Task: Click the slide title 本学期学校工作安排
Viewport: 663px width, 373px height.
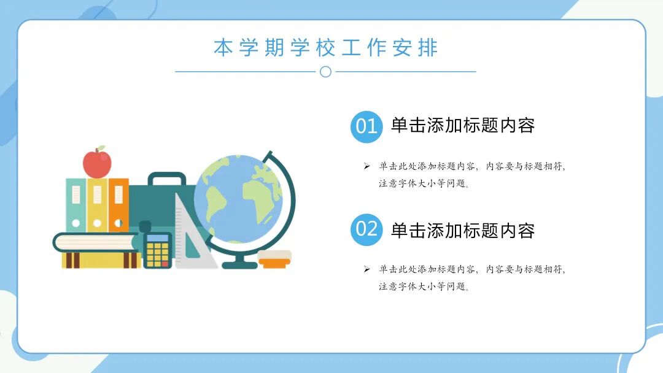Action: coord(325,48)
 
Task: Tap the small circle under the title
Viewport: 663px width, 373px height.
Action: coord(325,72)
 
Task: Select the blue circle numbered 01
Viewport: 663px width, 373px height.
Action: coord(366,126)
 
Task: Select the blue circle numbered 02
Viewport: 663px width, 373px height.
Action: coord(366,229)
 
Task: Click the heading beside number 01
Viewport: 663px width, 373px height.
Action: coord(463,126)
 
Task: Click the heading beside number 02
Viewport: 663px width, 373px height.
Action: coord(463,231)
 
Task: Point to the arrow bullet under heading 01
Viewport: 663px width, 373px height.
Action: coord(366,166)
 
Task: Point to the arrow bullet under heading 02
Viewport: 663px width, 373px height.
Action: coord(366,269)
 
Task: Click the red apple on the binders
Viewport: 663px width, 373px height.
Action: coord(97,163)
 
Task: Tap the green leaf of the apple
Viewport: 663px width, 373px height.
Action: coord(101,148)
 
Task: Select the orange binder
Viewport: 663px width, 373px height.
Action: coord(118,205)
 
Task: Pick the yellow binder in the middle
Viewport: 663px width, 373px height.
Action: coord(97,205)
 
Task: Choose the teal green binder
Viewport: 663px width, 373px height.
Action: coord(76,205)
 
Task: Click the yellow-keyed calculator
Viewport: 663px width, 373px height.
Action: coord(158,249)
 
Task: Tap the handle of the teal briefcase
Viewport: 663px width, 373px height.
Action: coord(166,179)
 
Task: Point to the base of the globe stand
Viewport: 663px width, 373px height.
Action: coord(239,264)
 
